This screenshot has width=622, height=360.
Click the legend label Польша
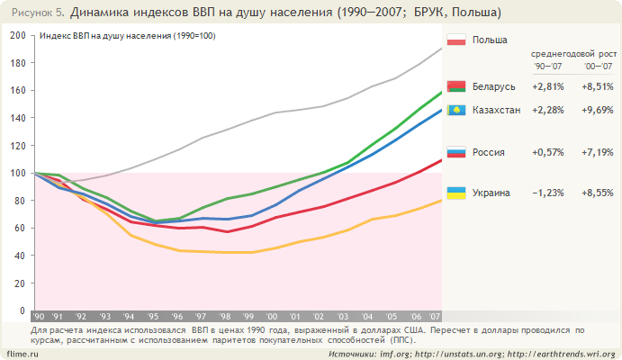(490, 40)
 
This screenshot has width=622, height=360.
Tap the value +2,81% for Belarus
(548, 86)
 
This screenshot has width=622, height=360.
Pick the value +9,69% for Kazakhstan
(599, 110)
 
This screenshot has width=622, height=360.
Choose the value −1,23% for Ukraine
(548, 193)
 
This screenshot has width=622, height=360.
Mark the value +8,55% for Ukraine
(599, 193)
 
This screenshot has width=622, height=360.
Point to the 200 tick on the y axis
(17, 35)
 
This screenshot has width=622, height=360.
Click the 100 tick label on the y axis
(17, 173)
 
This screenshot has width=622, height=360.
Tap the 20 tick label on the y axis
(20, 283)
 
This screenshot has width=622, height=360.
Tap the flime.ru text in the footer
(21, 354)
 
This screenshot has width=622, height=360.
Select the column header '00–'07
(597, 67)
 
